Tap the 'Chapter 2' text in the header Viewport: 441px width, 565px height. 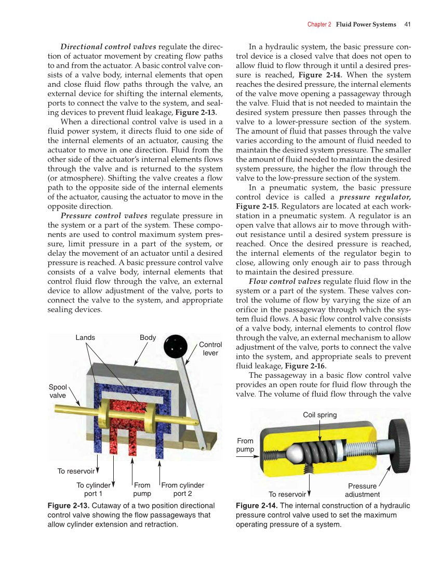tap(319, 24)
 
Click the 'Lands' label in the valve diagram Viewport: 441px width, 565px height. tap(85, 338)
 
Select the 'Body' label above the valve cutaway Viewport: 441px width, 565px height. tap(148, 338)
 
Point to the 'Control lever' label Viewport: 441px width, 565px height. tap(210, 349)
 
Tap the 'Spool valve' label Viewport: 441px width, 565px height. tap(58, 391)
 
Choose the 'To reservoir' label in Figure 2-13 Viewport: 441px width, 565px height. tap(76, 471)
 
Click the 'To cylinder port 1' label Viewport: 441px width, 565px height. tap(93, 490)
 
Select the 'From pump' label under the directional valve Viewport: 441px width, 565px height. tap(142, 490)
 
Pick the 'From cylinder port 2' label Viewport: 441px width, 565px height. tap(183, 490)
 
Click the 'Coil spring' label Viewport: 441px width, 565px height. tap(320, 415)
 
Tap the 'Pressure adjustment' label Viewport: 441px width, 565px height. tap(363, 490)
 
